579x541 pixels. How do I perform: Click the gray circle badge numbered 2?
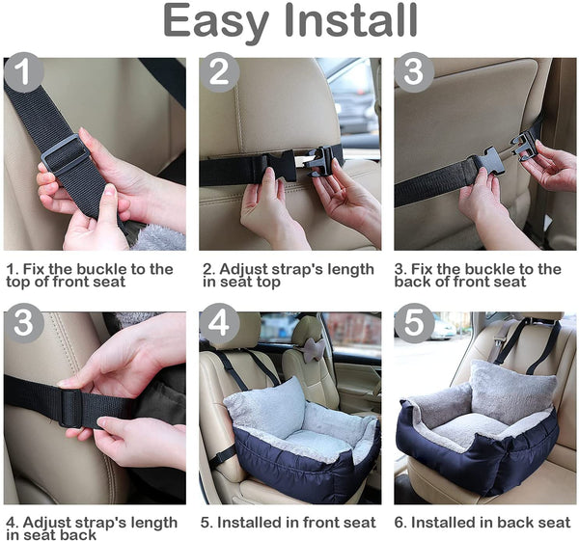click(x=221, y=72)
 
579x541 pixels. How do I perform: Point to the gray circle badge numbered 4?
click(x=221, y=323)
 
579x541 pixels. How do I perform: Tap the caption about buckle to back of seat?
click(x=478, y=275)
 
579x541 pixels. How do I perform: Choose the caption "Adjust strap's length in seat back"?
click(x=91, y=528)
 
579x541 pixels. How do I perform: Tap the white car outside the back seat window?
click(x=445, y=329)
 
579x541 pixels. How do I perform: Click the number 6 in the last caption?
click(x=400, y=523)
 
